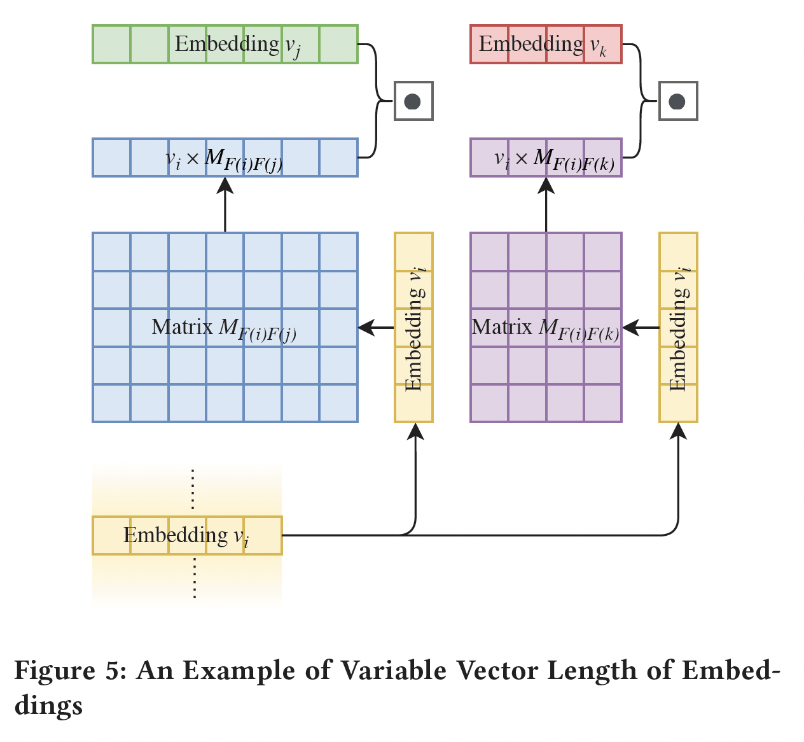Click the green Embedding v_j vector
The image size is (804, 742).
pos(225,45)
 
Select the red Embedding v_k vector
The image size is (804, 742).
pos(546,45)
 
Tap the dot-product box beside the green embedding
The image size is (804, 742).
pos(413,101)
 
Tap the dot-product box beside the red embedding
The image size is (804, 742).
pos(678,101)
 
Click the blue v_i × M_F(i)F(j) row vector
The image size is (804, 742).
pos(225,158)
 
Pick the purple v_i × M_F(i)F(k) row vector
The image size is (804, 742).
pos(546,158)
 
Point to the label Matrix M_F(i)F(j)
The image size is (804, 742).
pos(224,328)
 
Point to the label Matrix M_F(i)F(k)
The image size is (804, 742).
pos(545,328)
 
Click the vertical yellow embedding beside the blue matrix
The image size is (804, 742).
pos(413,327)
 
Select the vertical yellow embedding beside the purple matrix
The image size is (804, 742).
pos(678,327)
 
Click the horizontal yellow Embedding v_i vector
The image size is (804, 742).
pos(187,535)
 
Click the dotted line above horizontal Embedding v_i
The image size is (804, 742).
pos(193,489)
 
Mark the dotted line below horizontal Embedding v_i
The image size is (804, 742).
pos(194,578)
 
